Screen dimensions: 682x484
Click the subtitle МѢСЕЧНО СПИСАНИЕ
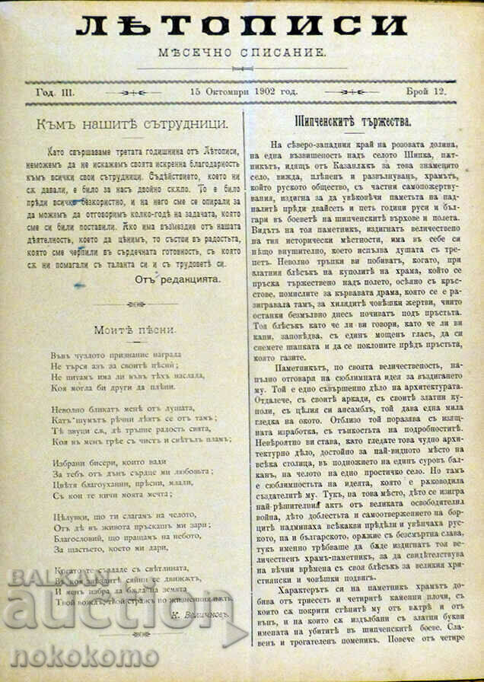pyautogui.click(x=242, y=55)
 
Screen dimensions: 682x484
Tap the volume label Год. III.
pyautogui.click(x=56, y=91)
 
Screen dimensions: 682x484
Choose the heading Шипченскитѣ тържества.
pyautogui.click(x=352, y=121)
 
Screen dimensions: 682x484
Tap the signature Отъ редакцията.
pyautogui.click(x=178, y=279)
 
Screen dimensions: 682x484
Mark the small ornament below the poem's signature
pyautogui.click(x=135, y=633)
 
